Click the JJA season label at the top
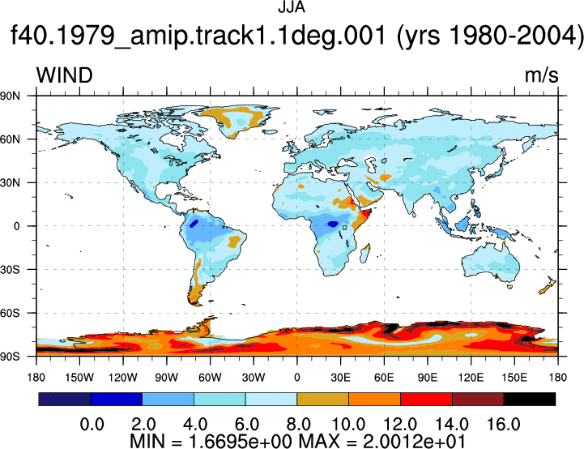(292, 7)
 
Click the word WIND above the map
(65, 75)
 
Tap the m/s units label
(542, 75)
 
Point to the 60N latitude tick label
(10, 139)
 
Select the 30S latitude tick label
(10, 269)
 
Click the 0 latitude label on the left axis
(16, 226)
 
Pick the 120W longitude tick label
(123, 378)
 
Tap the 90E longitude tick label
(427, 378)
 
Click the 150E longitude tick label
(514, 378)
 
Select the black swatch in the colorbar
(529, 399)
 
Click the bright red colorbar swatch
(426, 399)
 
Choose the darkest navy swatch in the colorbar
(65, 399)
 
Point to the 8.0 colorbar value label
(298, 425)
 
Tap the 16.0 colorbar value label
(504, 425)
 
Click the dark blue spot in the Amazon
(194, 224)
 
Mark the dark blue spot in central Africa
(333, 224)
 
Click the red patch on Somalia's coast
(365, 214)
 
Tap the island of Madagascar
(365, 253)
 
